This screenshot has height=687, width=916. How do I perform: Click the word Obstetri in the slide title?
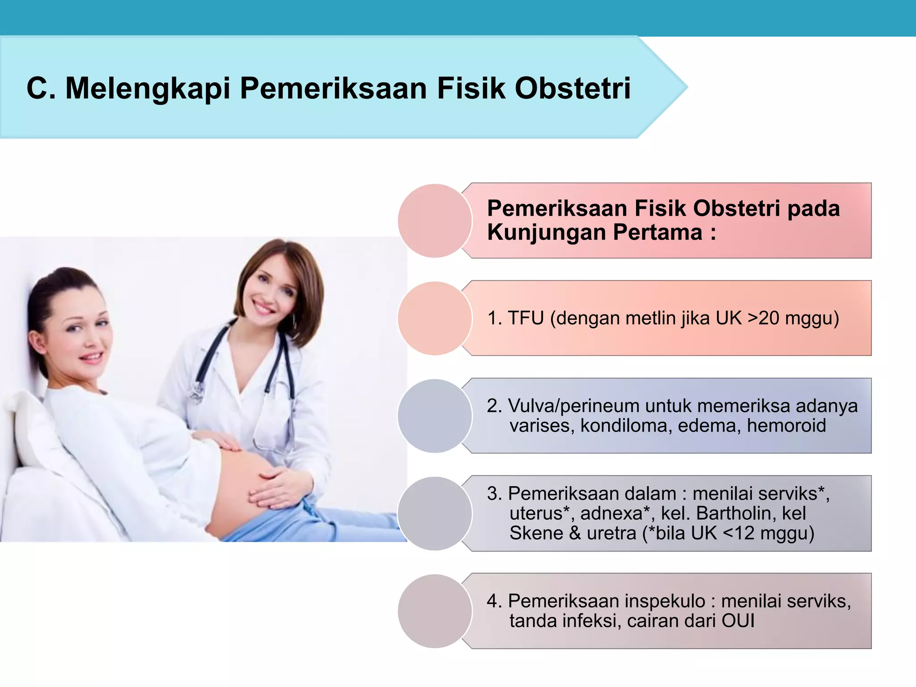[572, 88]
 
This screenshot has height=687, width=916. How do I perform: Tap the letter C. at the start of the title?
[41, 88]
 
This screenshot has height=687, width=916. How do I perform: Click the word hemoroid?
[786, 425]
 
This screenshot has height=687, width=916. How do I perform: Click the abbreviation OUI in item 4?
[738, 621]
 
